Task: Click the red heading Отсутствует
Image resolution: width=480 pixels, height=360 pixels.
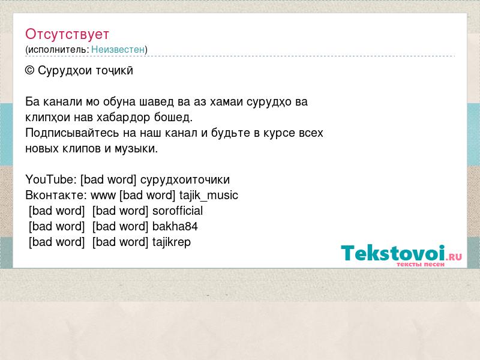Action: coord(67,34)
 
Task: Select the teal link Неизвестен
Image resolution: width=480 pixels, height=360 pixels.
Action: coord(118,49)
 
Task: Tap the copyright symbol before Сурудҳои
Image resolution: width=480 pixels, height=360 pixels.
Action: coord(29,71)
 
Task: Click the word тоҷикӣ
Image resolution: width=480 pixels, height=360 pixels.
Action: coord(115,71)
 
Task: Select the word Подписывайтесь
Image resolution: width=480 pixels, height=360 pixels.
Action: coord(72,133)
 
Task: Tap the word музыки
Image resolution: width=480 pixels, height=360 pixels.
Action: coord(136,149)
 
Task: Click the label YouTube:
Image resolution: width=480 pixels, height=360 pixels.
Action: coord(51,179)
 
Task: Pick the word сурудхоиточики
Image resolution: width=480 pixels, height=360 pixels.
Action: coord(185,179)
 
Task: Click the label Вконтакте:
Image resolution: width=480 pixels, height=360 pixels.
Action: coord(56,196)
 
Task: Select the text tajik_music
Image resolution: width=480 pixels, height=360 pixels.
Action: coord(209,196)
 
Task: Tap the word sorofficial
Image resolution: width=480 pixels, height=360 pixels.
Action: coord(178,211)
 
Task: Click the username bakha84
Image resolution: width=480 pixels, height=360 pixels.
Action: coord(175,227)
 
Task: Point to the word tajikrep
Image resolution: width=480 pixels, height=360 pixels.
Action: coord(172,242)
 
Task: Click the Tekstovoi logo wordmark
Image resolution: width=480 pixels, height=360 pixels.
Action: coord(393,253)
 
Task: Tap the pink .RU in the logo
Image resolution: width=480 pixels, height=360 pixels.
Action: coord(454,256)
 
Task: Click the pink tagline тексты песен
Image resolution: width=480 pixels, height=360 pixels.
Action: coord(421,264)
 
